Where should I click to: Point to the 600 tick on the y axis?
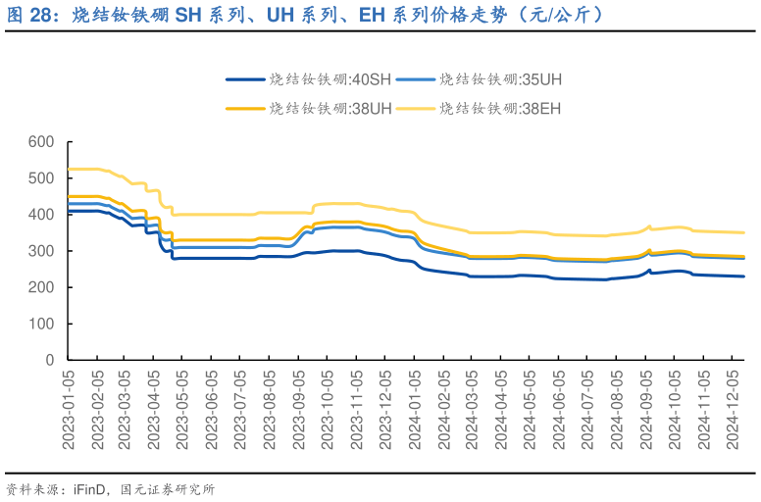(x=41, y=143)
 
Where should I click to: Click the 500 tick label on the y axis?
(x=41, y=179)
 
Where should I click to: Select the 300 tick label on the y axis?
(x=41, y=252)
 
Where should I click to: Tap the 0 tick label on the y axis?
(x=49, y=361)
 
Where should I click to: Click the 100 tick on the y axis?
(x=41, y=325)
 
